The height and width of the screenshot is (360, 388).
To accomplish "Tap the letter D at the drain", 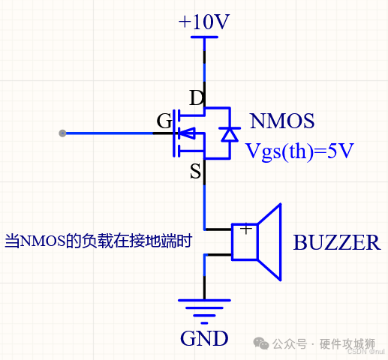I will coord(196,98).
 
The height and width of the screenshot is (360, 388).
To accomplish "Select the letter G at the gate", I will coord(164,121).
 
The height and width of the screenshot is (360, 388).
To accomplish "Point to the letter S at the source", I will coord(195,172).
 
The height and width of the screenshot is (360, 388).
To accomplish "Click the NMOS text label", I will coord(281,121).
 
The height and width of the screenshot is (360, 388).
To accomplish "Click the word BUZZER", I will coord(336,243).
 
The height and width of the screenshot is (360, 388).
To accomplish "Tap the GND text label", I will coord(204,339).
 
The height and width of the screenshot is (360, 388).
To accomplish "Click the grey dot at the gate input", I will coord(62,133).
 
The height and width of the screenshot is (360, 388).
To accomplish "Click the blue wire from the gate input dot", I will coord(109,133).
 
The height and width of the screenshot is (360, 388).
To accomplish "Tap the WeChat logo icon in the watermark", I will coord(260,343).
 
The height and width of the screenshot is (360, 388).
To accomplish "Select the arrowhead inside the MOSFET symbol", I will coord(190,134).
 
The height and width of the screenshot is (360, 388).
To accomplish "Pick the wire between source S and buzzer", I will coord(204,202).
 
